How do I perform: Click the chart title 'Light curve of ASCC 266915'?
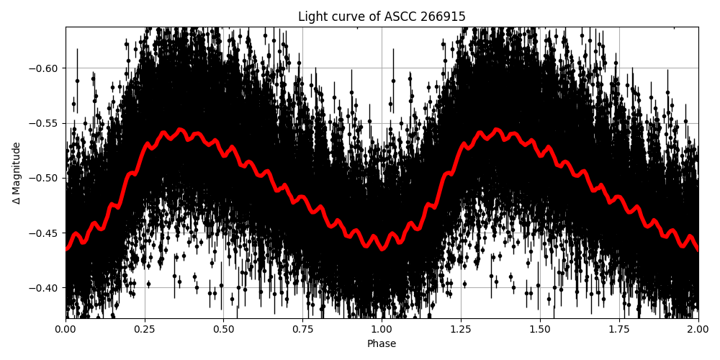point(382,17)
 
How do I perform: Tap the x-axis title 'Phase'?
point(382,344)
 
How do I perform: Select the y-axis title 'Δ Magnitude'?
point(17,173)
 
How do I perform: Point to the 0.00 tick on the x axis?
point(66,330)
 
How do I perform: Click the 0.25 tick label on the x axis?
point(145,330)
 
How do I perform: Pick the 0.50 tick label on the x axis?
point(224,330)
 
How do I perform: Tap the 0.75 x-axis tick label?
point(303,330)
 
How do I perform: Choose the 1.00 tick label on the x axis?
point(382,330)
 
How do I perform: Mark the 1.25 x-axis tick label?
point(461,330)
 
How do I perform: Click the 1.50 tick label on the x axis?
point(540,330)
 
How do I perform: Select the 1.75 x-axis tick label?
point(619,330)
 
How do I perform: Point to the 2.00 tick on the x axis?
point(698,330)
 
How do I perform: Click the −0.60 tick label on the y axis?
point(45,68)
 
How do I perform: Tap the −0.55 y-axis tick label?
point(45,123)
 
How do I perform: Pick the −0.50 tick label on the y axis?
point(45,178)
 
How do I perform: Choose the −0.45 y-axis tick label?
point(45,233)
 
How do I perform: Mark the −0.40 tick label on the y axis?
point(45,288)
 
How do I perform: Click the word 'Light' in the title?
point(311,17)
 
